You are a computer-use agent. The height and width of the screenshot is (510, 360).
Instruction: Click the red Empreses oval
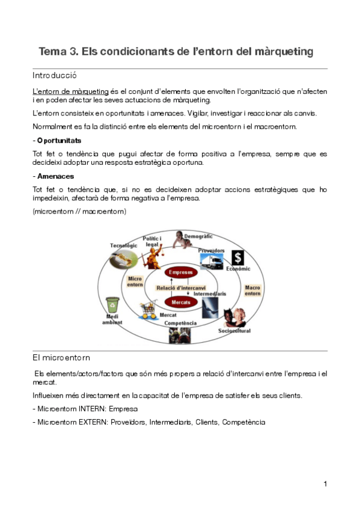click(x=181, y=272)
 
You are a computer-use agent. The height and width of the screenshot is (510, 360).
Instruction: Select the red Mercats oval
click(x=181, y=301)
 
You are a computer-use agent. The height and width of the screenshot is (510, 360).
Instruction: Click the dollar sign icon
click(x=237, y=257)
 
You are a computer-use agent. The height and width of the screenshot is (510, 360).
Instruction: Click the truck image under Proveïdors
click(x=211, y=262)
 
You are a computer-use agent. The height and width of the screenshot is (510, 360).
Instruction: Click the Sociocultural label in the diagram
click(x=234, y=331)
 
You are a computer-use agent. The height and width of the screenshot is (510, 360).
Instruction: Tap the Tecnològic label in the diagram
click(x=124, y=245)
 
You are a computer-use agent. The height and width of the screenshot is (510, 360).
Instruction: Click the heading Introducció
click(x=54, y=76)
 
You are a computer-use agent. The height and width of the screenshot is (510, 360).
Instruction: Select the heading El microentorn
click(x=61, y=357)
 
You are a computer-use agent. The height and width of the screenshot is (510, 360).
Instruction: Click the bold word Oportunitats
click(x=59, y=140)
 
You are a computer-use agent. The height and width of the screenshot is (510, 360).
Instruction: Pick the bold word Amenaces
click(x=56, y=176)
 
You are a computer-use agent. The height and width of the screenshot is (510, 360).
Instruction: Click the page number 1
click(x=325, y=484)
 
